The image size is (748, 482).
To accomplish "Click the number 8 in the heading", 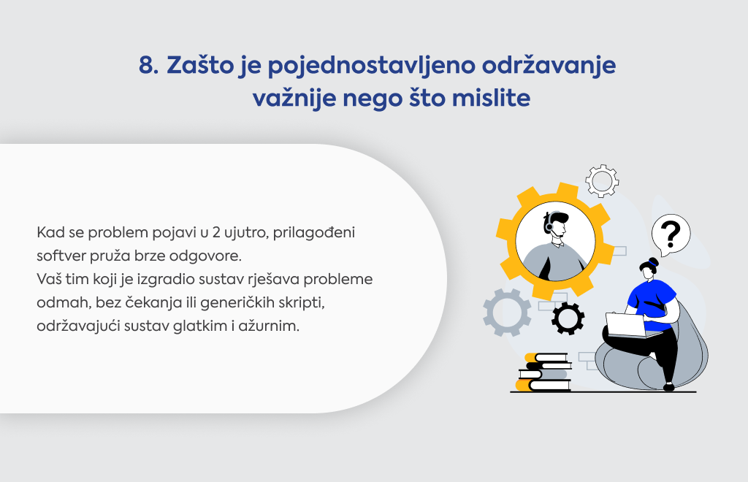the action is coord(148,65).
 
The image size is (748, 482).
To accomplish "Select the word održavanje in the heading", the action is coord(549,66).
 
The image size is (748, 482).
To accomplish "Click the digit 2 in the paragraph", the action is coord(216,233).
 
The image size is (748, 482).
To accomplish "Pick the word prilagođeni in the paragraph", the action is coord(314,233).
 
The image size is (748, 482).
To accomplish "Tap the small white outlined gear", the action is coord(602,180).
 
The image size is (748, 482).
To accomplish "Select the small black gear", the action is coord(568,318).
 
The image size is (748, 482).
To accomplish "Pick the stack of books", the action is coord(543,372).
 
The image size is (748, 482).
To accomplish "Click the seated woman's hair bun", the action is coord(652,261).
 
